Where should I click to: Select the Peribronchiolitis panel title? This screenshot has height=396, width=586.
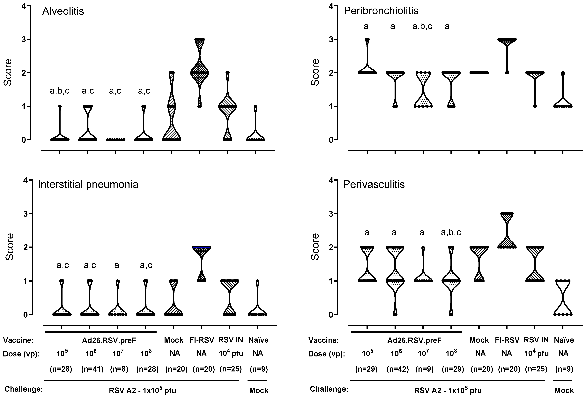381,11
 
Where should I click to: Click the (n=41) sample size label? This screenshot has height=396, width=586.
92,369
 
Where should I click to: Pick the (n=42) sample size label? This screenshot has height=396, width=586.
398,369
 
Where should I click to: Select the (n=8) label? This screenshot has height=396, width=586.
119,369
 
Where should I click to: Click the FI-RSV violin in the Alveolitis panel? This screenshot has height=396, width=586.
199,73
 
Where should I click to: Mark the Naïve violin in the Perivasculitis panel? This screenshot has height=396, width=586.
563,298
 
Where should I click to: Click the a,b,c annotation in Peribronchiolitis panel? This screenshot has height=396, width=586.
422,26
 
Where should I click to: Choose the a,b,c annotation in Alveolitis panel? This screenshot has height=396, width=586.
60,91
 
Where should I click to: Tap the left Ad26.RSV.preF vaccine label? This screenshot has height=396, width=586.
109,340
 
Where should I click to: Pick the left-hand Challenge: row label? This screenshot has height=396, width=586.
23,389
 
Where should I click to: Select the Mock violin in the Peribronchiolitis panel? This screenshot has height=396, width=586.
479,73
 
